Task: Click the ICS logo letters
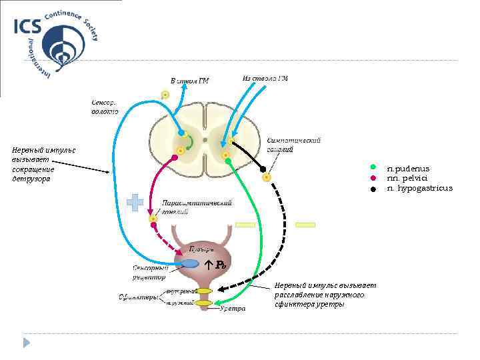click(x=27, y=26)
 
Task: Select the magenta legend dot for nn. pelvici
click(x=375, y=177)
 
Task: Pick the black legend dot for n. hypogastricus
click(x=375, y=189)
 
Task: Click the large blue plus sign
click(x=135, y=203)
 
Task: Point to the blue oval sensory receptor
click(x=190, y=263)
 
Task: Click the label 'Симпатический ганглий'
click(x=293, y=145)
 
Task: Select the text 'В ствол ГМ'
click(x=190, y=81)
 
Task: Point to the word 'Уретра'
click(x=233, y=309)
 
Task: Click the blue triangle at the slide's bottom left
click(x=27, y=343)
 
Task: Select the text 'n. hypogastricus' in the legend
click(x=419, y=189)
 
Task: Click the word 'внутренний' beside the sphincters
click(x=180, y=291)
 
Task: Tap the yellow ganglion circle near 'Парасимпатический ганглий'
click(x=154, y=219)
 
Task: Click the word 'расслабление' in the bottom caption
click(x=297, y=295)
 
